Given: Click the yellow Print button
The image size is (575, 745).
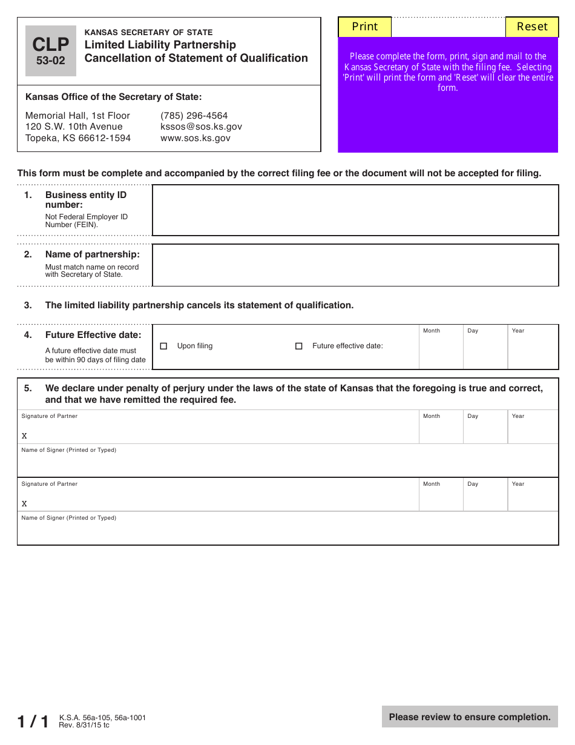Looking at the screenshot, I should pyautogui.click(x=364, y=27).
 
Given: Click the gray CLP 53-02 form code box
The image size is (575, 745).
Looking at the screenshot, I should pyautogui.click(x=51, y=51).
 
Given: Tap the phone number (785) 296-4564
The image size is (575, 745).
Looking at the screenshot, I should pyautogui.click(x=194, y=116).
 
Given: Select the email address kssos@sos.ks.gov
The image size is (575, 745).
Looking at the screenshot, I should pyautogui.click(x=201, y=127).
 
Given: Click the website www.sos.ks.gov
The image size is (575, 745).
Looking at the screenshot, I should pyautogui.click(x=195, y=138).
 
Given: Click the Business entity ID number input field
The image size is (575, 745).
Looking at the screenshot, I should pyautogui.click(x=355, y=210).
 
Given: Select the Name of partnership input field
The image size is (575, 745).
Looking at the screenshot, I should pyautogui.click(x=355, y=265).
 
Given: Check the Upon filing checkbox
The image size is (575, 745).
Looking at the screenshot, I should pyautogui.click(x=163, y=346).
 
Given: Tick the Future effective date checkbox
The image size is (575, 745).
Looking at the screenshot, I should pyautogui.click(x=298, y=346).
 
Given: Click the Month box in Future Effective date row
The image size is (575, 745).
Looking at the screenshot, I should pyautogui.click(x=441, y=350).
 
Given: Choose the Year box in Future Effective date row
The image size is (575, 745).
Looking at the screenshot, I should pyautogui.click(x=532, y=350).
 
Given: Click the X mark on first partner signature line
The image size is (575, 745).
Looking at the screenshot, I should pyautogui.click(x=24, y=436).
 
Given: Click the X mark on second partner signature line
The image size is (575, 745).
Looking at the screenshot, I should pyautogui.click(x=24, y=504).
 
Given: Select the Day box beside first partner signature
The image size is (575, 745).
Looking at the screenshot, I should pyautogui.click(x=485, y=430).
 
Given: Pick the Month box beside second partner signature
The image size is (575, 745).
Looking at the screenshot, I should pyautogui.click(x=441, y=498).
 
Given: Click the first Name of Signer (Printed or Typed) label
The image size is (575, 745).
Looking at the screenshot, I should pyautogui.click(x=68, y=450).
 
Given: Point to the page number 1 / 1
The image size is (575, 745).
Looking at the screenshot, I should pyautogui.click(x=33, y=721).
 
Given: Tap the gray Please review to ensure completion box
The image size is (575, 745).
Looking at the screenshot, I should pyautogui.click(x=470, y=717).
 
